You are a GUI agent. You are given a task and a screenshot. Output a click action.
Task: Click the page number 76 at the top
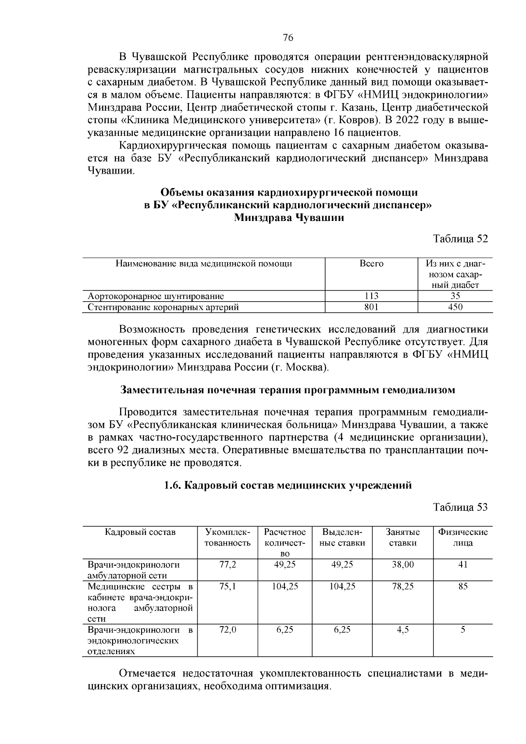coord(288,38)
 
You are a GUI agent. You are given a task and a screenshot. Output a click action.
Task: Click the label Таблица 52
coord(460,239)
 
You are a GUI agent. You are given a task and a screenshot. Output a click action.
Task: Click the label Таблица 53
coord(460,507)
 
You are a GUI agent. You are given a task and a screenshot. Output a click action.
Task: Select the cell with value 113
coord(371,296)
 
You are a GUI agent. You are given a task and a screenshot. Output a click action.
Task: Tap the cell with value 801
coord(371,307)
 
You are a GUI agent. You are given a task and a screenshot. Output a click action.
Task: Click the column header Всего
coord(371,263)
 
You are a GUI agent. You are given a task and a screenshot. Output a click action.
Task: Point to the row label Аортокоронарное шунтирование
coord(156,296)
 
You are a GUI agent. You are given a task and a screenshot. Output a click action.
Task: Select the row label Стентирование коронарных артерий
coord(163,307)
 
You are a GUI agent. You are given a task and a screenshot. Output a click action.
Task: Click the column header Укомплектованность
coord(227,538)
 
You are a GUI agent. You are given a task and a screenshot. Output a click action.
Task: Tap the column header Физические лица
coord(463,538)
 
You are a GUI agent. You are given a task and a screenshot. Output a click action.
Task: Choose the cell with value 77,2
coord(227,564)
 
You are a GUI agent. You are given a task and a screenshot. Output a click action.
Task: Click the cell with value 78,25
coord(402,586)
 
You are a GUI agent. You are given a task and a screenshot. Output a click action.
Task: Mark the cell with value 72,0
coord(227,630)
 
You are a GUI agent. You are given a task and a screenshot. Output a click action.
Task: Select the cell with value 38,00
coord(402,564)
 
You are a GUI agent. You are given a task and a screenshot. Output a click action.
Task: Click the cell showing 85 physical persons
coord(463,586)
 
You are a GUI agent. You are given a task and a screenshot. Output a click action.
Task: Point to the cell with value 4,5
coord(402,630)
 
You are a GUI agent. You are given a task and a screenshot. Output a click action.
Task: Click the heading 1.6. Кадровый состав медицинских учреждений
coord(288,485)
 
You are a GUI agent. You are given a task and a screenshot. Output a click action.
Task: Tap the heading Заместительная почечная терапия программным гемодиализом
coord(288,390)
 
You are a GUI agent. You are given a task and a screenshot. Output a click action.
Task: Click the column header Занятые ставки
coord(402,538)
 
